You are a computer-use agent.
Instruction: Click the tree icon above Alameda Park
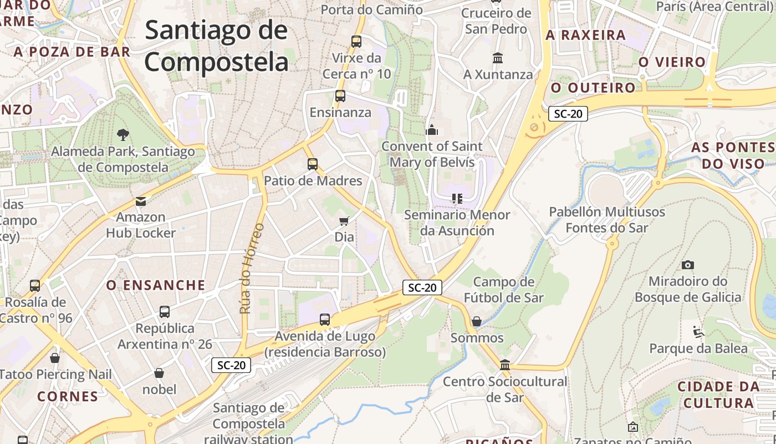click(x=123, y=134)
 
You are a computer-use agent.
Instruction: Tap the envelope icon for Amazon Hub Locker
click(x=141, y=201)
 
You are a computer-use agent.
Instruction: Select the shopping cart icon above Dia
click(x=344, y=221)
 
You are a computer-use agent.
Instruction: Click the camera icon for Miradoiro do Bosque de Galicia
click(x=688, y=265)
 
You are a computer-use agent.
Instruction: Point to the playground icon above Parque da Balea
click(x=698, y=332)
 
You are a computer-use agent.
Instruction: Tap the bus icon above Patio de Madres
click(x=313, y=164)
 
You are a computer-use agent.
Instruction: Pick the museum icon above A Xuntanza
click(x=498, y=58)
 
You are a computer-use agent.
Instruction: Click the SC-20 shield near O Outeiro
click(x=568, y=114)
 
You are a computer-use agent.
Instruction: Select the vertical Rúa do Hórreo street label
click(x=252, y=268)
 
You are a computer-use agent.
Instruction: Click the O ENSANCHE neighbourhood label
click(x=156, y=285)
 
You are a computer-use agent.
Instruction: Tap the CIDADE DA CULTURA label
click(x=718, y=395)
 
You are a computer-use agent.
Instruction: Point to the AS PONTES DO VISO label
click(x=733, y=155)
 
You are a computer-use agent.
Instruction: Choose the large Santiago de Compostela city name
click(x=217, y=46)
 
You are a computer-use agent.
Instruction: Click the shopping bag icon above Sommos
click(x=476, y=321)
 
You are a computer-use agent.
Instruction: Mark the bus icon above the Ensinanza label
click(x=340, y=96)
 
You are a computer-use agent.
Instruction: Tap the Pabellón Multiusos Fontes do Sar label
click(x=606, y=220)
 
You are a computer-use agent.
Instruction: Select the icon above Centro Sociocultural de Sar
click(x=505, y=365)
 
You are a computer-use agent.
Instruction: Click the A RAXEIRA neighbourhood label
click(x=586, y=35)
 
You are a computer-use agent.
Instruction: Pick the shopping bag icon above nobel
click(x=159, y=373)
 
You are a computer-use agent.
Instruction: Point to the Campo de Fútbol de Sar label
click(x=504, y=290)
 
